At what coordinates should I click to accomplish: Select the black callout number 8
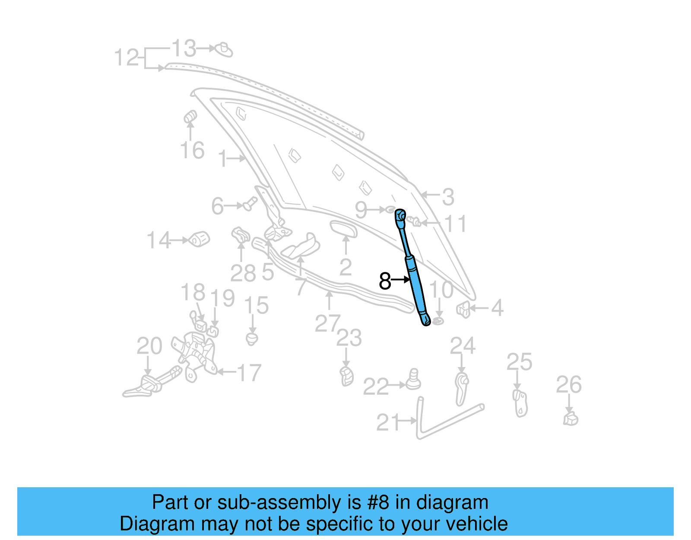click(384, 281)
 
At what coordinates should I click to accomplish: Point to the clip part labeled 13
click(224, 50)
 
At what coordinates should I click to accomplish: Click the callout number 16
click(192, 150)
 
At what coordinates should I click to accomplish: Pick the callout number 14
click(159, 240)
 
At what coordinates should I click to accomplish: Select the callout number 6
click(217, 206)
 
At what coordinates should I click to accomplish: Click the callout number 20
click(149, 346)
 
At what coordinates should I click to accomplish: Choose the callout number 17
click(249, 373)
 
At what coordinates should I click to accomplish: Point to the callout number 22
click(375, 387)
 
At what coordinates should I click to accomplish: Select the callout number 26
click(569, 384)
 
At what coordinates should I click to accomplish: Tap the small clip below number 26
click(571, 419)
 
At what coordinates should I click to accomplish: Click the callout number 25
click(519, 362)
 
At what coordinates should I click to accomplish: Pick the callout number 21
click(388, 422)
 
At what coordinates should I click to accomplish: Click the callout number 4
click(498, 308)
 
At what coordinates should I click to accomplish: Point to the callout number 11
click(456, 224)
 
